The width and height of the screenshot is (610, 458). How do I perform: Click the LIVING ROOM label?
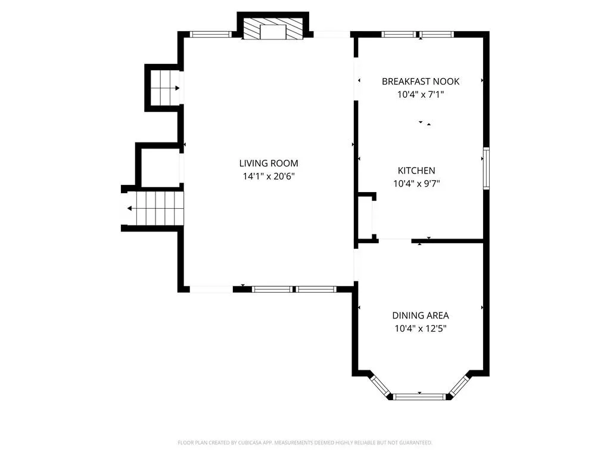point(269,163)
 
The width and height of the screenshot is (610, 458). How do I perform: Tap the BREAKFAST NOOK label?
point(421,81)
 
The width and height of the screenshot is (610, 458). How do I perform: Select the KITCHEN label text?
point(416,170)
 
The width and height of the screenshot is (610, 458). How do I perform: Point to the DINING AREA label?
point(421,315)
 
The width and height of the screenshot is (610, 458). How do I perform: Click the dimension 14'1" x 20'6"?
point(269,176)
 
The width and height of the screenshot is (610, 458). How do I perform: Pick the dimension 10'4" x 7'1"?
point(421,94)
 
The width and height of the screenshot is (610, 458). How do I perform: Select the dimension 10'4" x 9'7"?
point(416,183)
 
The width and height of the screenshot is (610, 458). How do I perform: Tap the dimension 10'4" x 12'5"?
point(421,329)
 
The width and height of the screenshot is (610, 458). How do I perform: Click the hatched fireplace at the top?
point(273,29)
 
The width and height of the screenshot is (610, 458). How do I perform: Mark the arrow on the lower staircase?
point(129,209)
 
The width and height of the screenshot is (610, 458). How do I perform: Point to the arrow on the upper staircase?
point(177,88)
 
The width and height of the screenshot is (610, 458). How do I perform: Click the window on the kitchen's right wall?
point(486,168)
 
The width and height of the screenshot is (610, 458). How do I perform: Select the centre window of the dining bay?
point(419,397)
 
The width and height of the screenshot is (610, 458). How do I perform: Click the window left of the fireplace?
point(210,34)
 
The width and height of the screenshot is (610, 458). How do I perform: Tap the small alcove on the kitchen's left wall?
point(365,217)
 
